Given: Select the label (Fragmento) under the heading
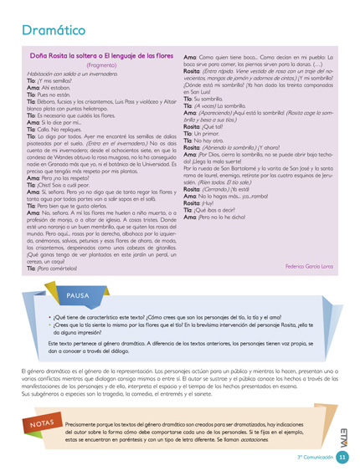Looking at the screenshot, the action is (103, 64).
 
